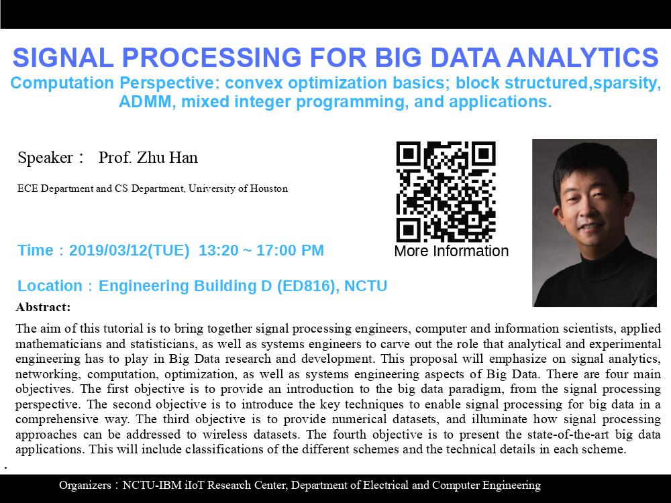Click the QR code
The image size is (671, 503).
446,192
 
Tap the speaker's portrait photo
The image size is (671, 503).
595,223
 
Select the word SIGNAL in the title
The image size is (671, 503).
63,58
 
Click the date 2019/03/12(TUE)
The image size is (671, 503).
129,250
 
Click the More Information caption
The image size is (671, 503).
452,251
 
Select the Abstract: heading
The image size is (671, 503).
43,307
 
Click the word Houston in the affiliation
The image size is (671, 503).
269,188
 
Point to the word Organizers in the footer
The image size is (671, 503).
85,486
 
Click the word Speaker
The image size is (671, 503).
46,158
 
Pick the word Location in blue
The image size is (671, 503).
50,286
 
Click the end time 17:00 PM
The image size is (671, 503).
290,250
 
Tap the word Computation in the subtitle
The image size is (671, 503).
62,83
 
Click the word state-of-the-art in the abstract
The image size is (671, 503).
569,435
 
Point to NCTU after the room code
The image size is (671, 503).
366,286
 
